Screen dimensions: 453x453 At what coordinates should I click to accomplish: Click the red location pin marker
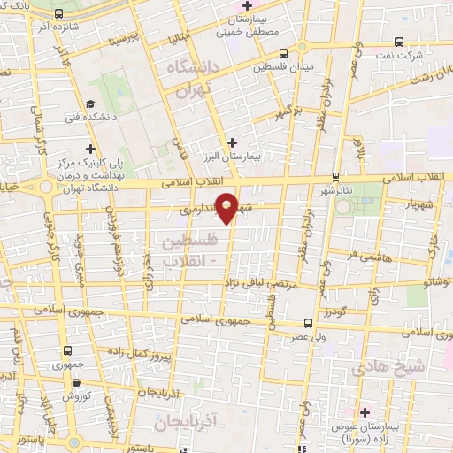(x=227, y=207)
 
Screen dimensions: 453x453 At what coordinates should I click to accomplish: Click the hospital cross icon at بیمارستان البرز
(x=232, y=142)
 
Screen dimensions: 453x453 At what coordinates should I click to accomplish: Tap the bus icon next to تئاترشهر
(x=334, y=178)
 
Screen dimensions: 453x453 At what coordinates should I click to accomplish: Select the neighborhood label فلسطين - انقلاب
(x=186, y=250)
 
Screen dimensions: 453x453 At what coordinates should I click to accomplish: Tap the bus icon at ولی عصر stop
(x=307, y=323)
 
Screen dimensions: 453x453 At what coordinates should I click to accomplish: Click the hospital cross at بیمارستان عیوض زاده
(x=365, y=412)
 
